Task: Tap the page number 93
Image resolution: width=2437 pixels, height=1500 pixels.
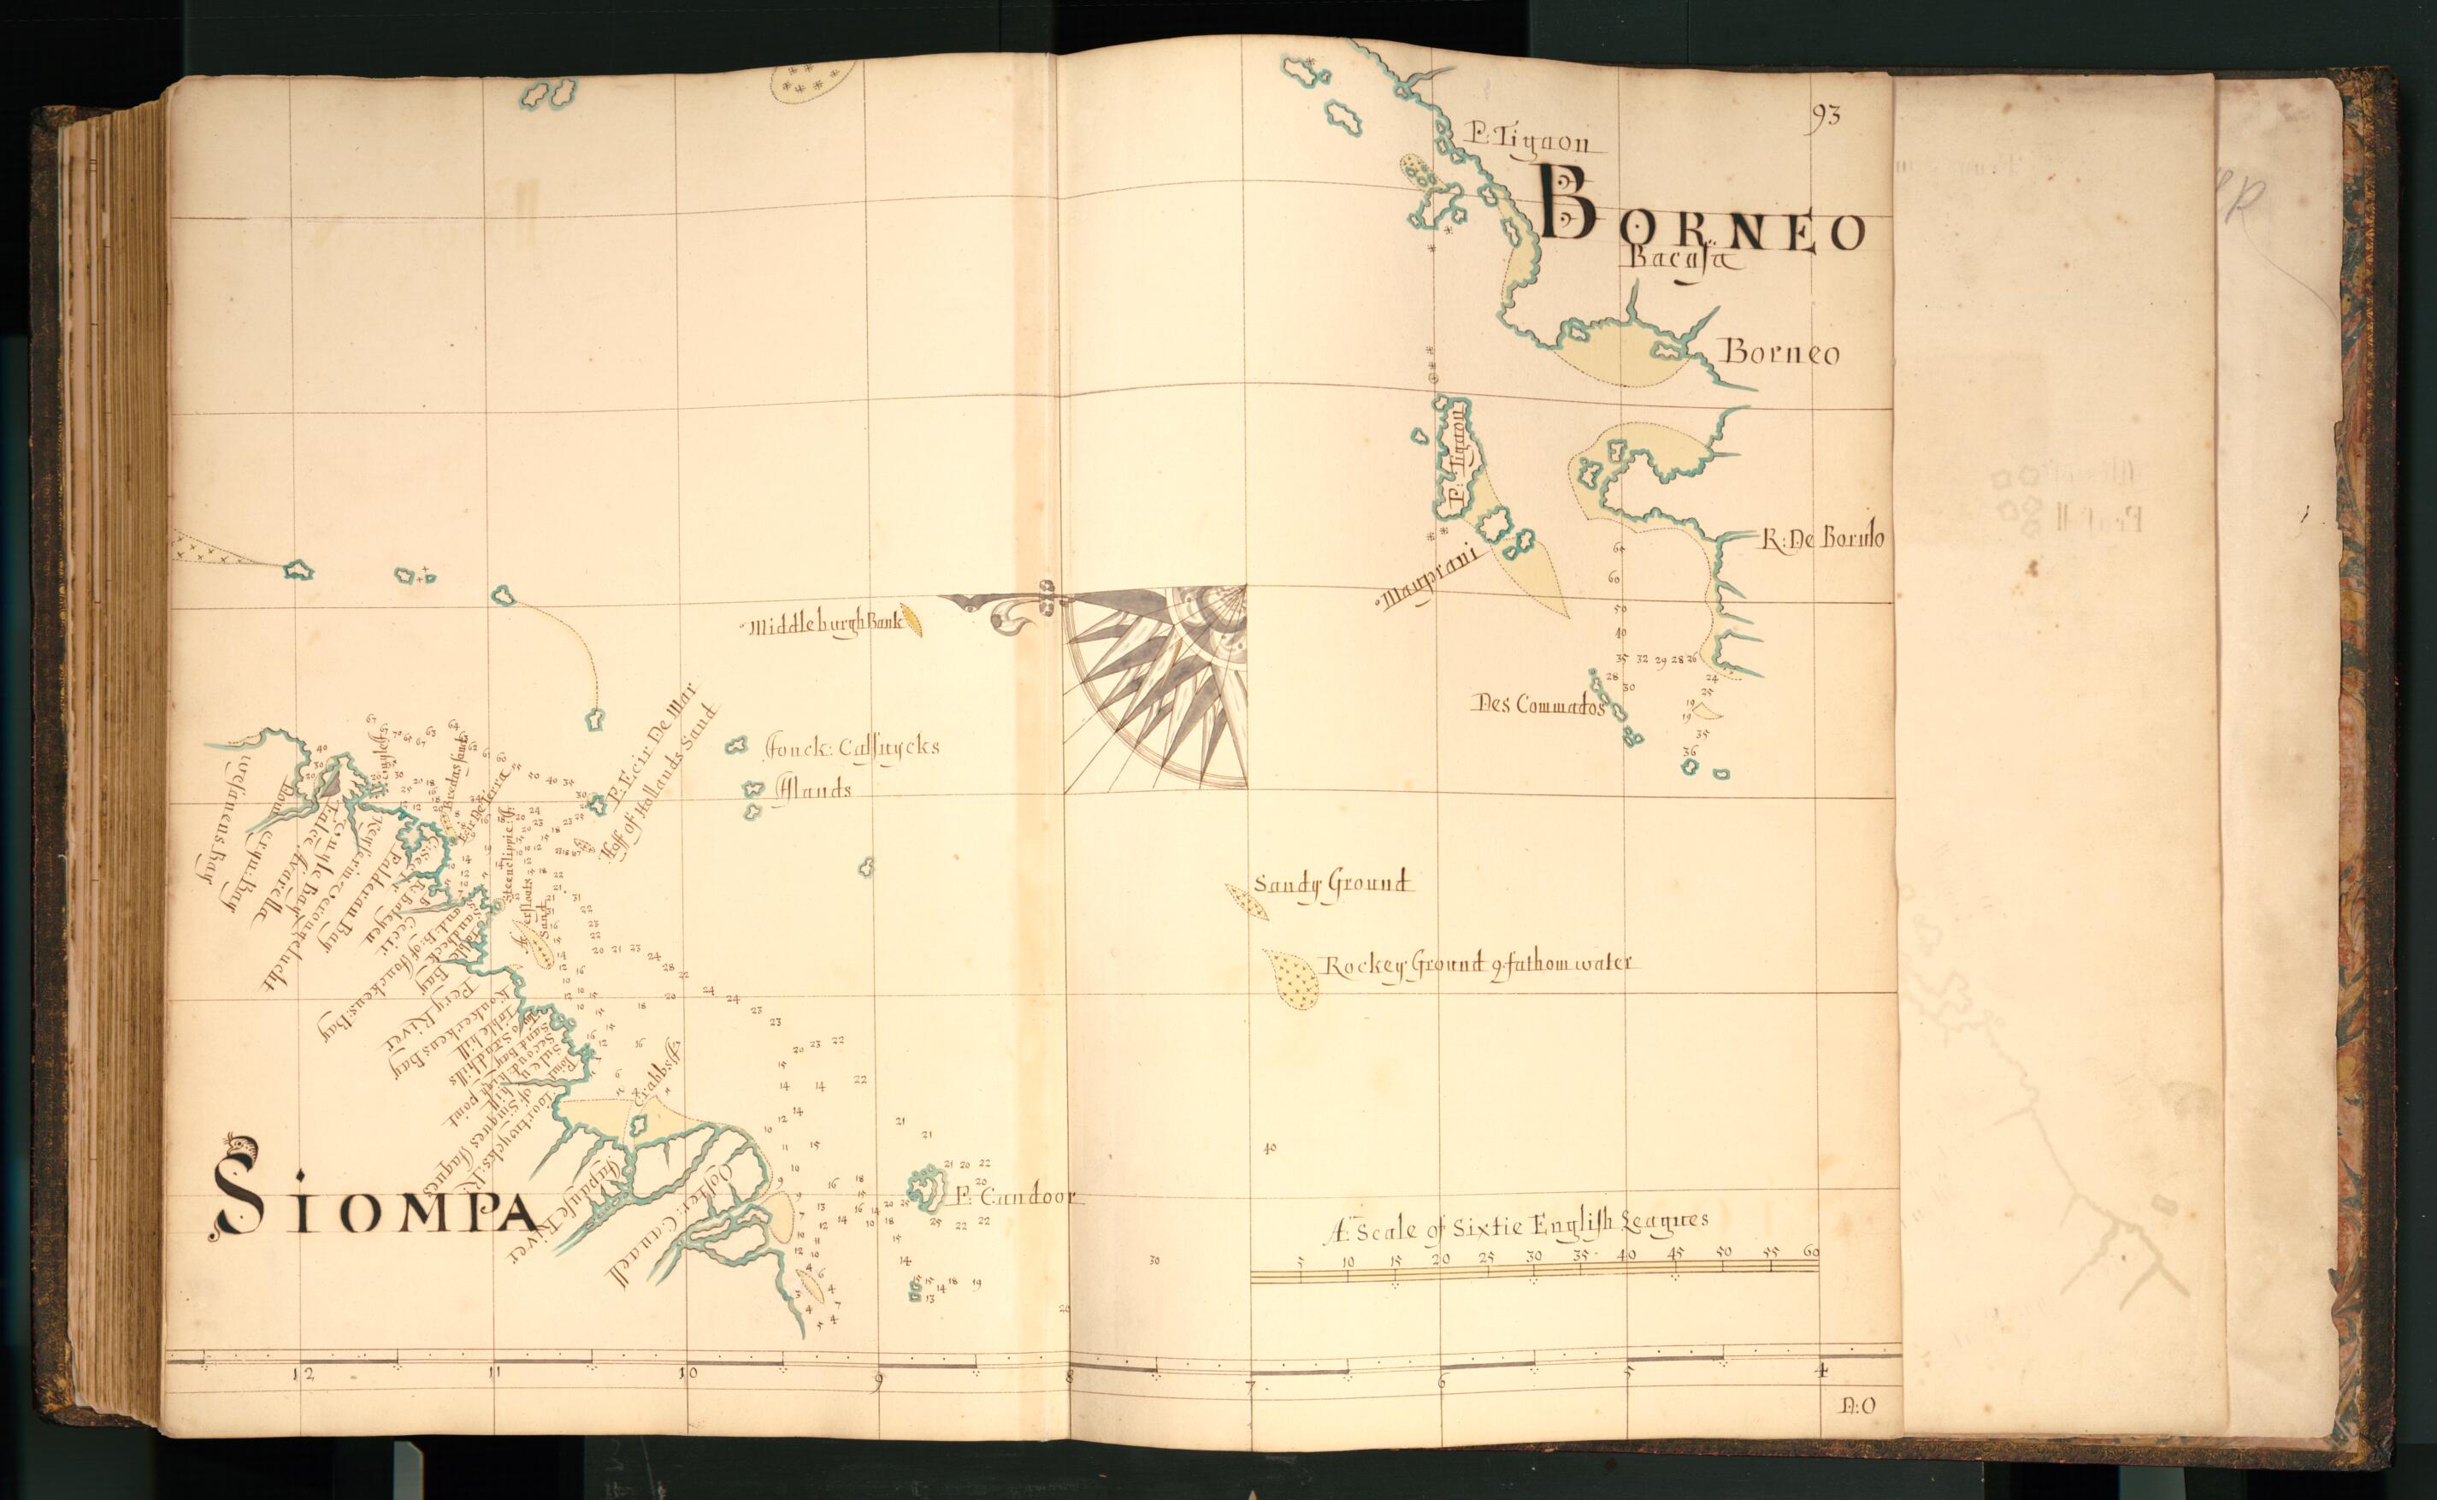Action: click(x=1824, y=115)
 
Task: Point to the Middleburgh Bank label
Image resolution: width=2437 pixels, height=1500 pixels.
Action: click(x=825, y=624)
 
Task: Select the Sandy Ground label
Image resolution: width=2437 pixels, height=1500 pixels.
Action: click(x=1331, y=883)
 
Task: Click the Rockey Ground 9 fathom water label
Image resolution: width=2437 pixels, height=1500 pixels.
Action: click(x=1476, y=965)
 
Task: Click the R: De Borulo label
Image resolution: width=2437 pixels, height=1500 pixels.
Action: click(x=1823, y=539)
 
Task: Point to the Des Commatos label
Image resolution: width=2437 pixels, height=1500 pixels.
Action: click(x=1538, y=706)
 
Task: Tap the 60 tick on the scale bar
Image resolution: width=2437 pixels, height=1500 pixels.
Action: click(x=1812, y=1253)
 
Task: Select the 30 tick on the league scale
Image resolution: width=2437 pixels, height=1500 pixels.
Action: click(x=1533, y=1256)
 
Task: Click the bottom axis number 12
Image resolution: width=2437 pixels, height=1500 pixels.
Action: click(x=304, y=1374)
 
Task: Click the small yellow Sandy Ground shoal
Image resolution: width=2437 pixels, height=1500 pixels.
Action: click(x=1247, y=900)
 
